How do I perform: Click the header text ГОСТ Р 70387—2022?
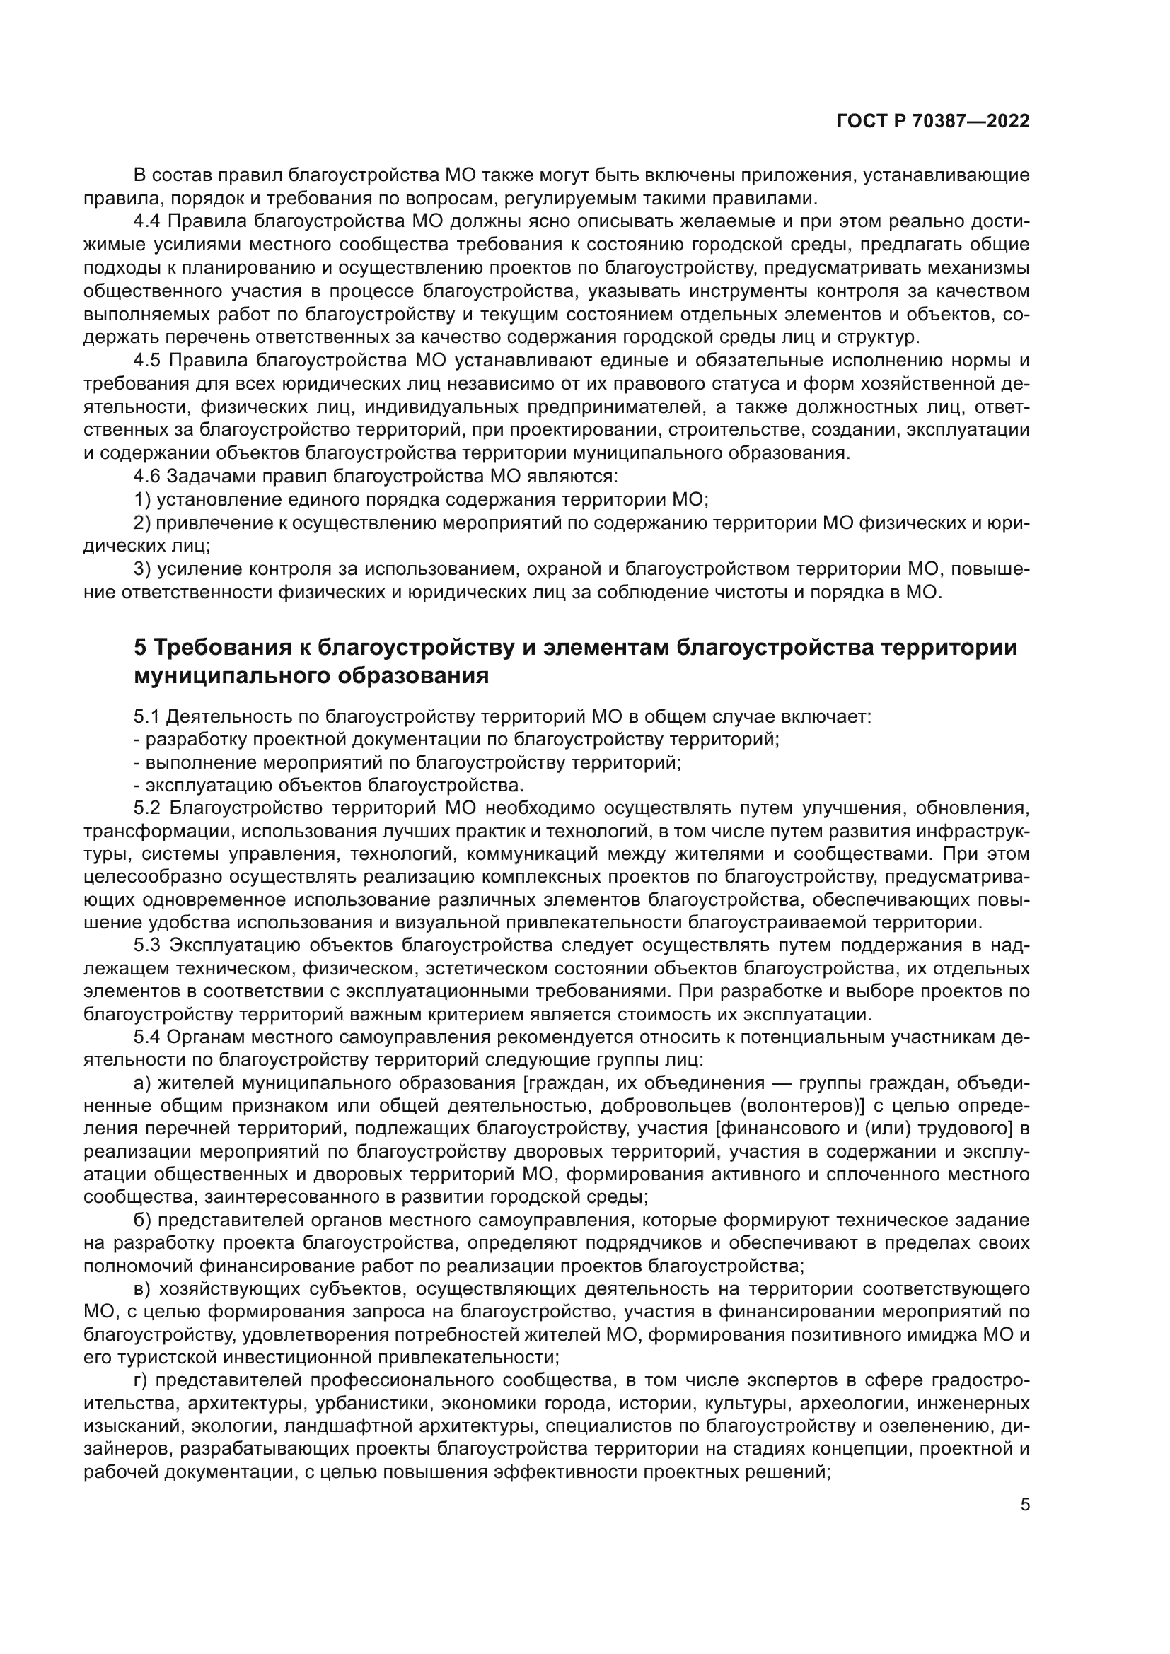click(933, 121)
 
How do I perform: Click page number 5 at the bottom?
click(1025, 1521)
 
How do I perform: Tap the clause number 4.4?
click(148, 221)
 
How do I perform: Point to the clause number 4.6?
click(148, 476)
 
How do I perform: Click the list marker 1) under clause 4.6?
click(143, 499)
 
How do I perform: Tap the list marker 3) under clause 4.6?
click(143, 569)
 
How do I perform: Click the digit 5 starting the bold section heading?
click(141, 648)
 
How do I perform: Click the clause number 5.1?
click(148, 717)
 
